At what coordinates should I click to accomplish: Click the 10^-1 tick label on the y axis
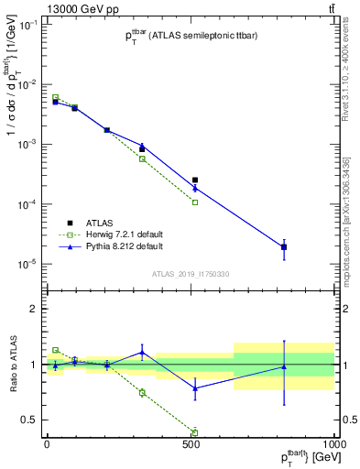pos(24,26)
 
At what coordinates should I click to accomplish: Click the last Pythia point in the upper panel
pos(284,247)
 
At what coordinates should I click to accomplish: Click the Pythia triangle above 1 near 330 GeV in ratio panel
pos(142,352)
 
